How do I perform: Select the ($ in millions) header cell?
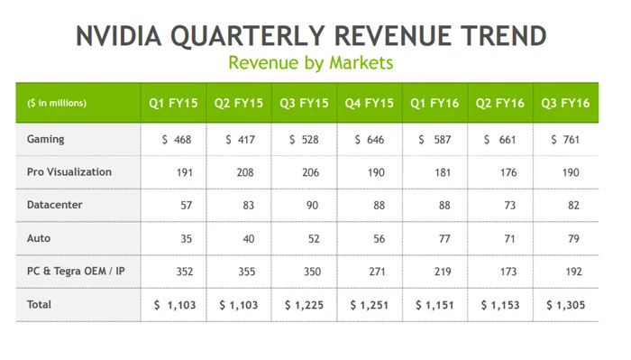[57, 103]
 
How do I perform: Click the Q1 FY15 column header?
[173, 103]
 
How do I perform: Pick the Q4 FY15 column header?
[370, 103]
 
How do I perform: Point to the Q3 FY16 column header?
[565, 103]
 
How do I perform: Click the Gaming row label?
[46, 140]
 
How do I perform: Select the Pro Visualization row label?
[69, 172]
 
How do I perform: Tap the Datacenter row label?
[55, 205]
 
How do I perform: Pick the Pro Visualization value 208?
[244, 172]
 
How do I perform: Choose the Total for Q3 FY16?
[565, 305]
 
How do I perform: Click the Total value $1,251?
[370, 305]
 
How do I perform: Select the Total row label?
[40, 305]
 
